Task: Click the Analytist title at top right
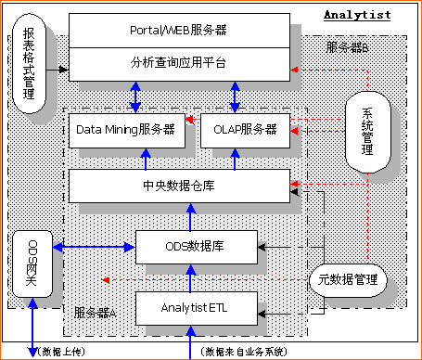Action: pos(356,15)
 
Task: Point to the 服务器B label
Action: pos(348,46)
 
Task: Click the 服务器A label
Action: pos(95,311)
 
